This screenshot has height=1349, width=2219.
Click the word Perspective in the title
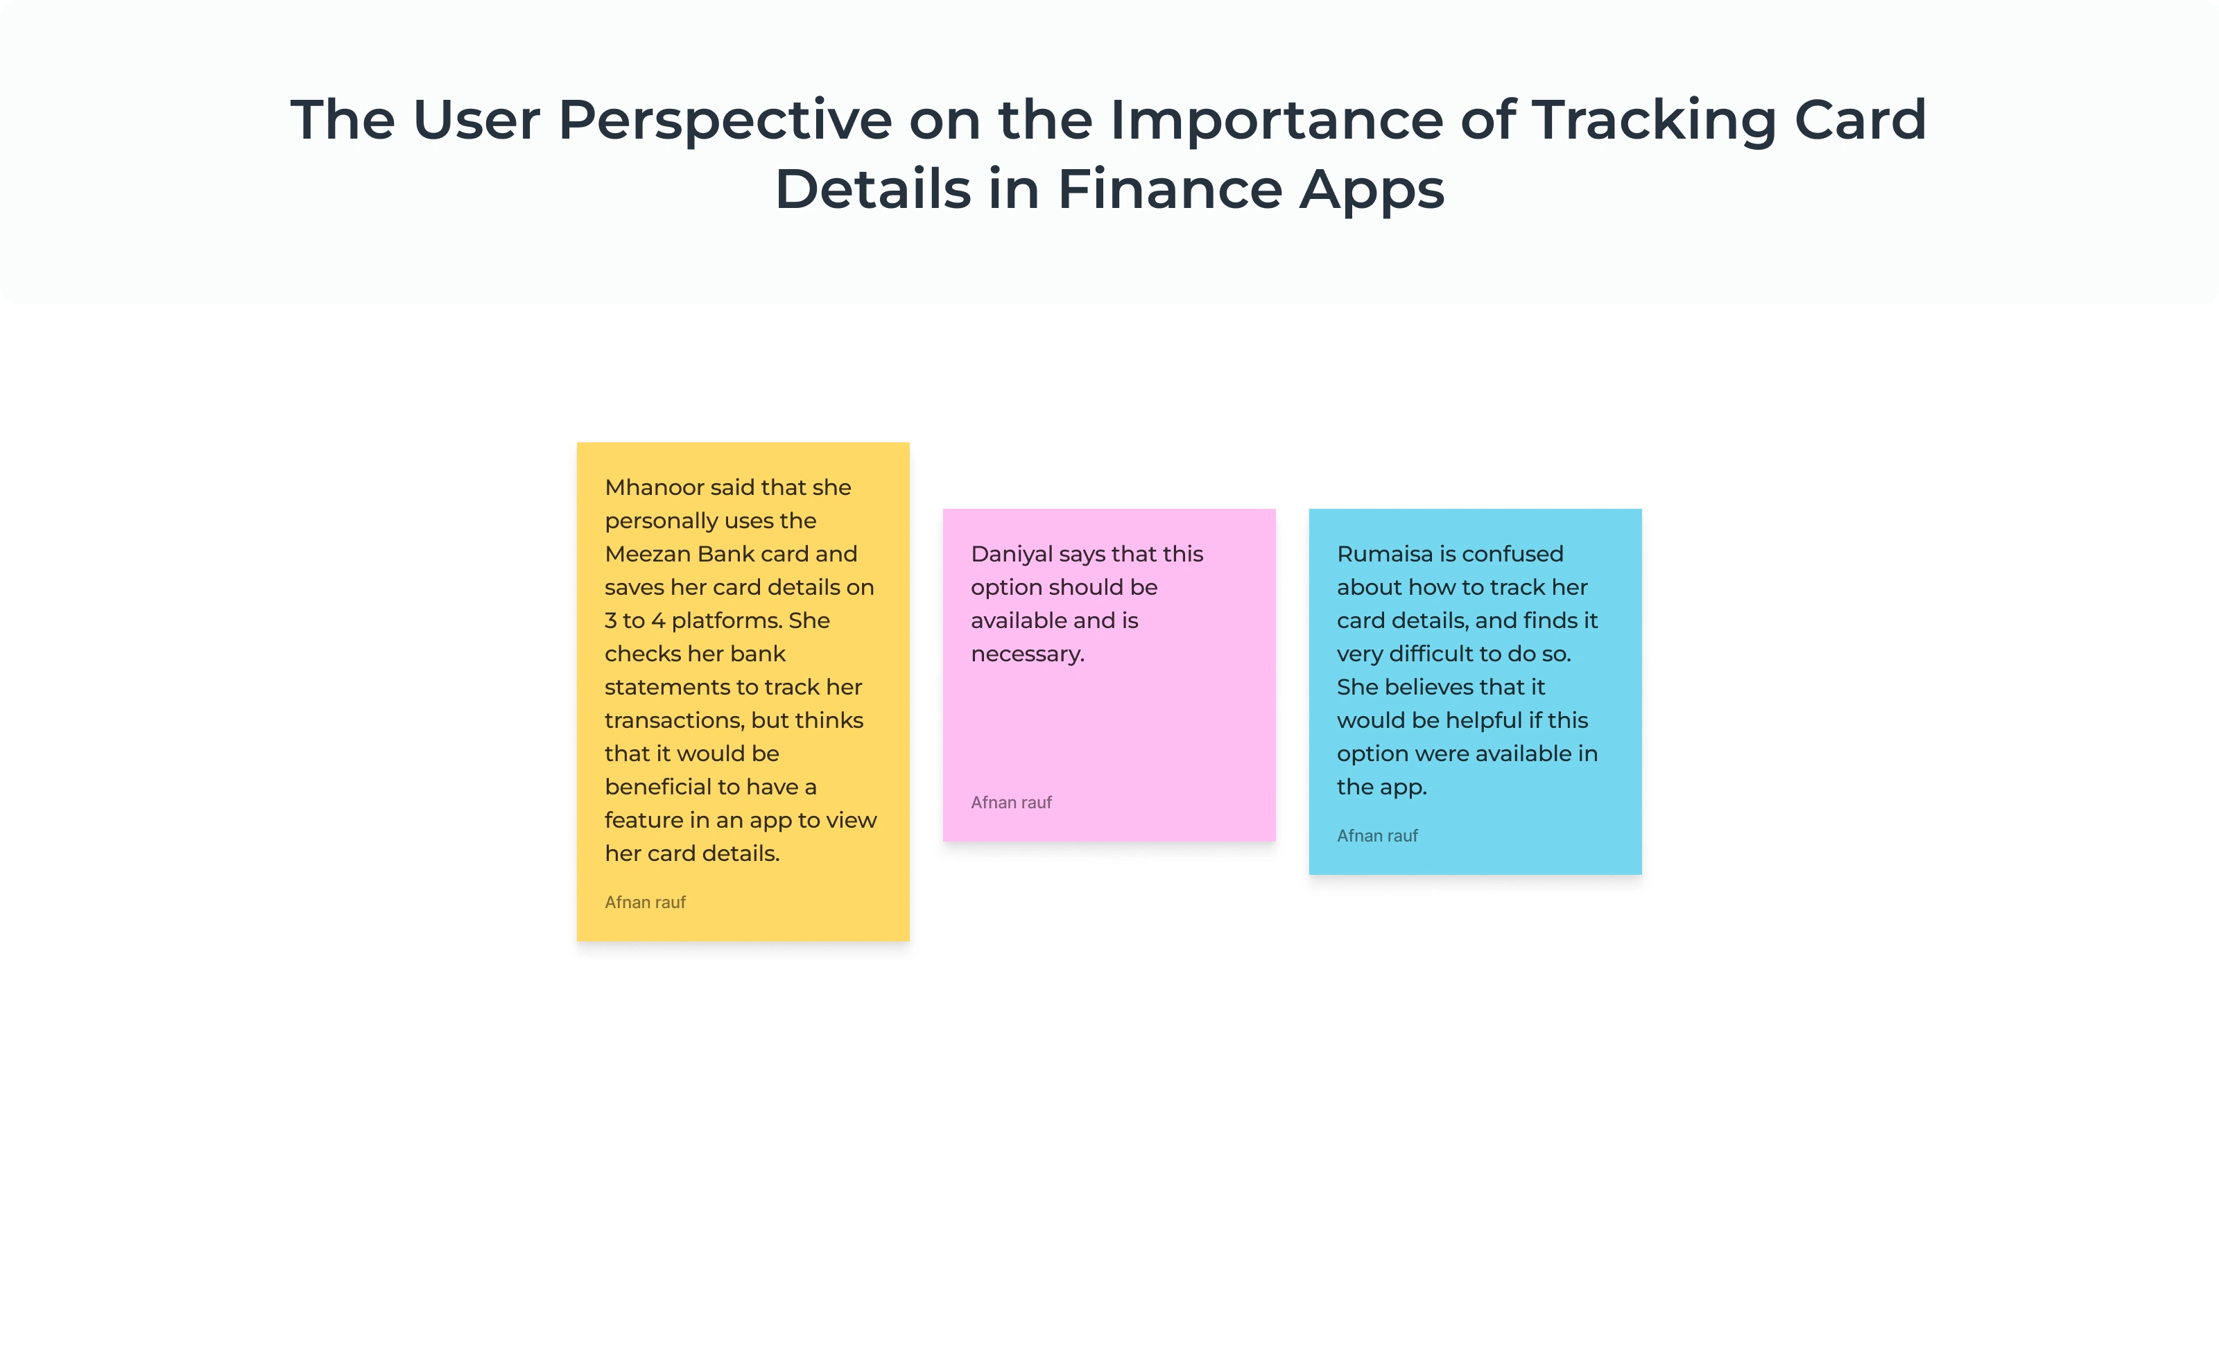click(725, 121)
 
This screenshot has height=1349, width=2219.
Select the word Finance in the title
click(1169, 190)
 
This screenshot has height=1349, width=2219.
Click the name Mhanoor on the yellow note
click(654, 487)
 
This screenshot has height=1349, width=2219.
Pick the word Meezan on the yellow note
click(648, 554)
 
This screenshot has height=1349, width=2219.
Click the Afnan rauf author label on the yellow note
click(645, 903)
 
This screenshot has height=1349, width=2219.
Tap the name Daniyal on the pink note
click(1011, 555)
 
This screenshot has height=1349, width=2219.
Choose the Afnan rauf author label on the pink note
click(1010, 802)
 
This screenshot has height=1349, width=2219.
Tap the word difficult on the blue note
click(1421, 654)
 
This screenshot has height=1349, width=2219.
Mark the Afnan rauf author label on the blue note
click(1377, 836)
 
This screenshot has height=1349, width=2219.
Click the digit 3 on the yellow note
click(611, 620)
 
